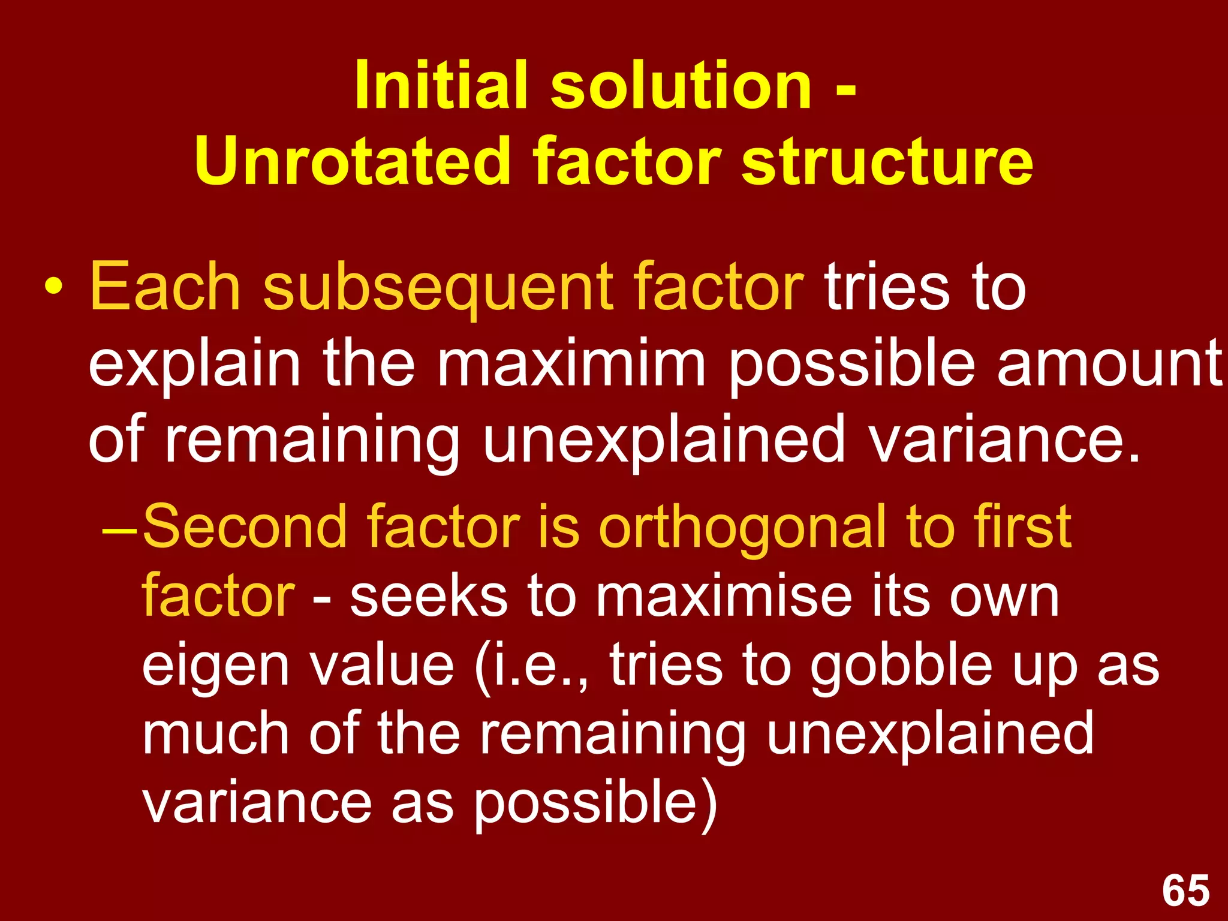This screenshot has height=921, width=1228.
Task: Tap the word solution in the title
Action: (681, 85)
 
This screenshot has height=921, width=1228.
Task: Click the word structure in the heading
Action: (887, 161)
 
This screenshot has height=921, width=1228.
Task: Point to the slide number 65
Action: (1185, 890)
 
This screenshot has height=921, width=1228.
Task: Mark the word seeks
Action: (428, 596)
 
